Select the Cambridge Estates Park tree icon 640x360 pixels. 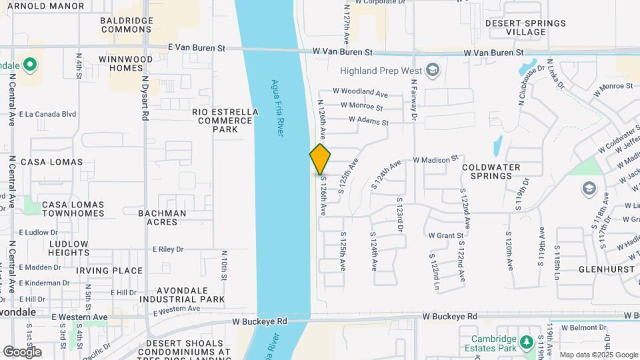tap(527, 342)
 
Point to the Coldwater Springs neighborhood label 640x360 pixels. tap(495, 171)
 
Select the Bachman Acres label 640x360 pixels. tap(162, 217)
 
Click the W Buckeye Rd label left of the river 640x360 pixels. tap(259, 321)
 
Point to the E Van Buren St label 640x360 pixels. tap(197, 48)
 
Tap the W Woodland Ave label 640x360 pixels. tap(360, 93)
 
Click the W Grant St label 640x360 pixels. tap(446, 235)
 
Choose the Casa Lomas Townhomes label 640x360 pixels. tap(73, 209)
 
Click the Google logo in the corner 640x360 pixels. tap(23, 351)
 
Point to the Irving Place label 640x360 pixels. tap(109, 271)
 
